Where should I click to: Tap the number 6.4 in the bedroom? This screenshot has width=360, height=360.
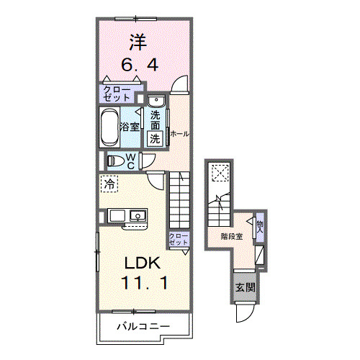pos(140,63)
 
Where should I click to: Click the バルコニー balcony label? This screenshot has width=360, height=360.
pos(143,328)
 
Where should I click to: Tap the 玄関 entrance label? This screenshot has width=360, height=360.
pos(244,287)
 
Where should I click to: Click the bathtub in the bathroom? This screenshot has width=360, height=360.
pos(109,128)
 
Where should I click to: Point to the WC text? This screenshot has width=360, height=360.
pos(133,161)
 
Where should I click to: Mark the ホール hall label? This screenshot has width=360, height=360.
pos(179,133)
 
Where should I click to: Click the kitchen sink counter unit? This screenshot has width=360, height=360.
pos(127,216)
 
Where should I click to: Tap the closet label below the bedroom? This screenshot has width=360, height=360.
pos(116,93)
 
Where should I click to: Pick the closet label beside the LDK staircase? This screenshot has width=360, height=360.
pos(178,239)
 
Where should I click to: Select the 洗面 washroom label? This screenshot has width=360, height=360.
pos(156,119)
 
